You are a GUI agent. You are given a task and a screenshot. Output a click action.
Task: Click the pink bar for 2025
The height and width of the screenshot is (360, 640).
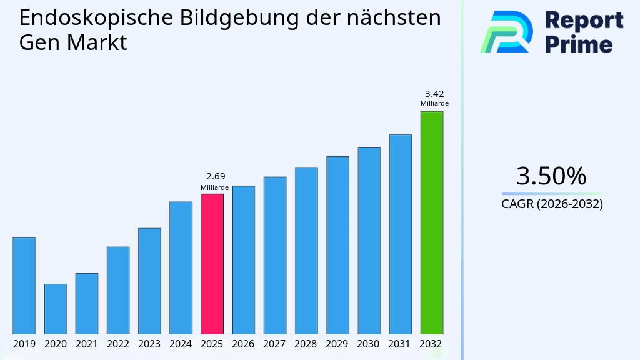coord(212,264)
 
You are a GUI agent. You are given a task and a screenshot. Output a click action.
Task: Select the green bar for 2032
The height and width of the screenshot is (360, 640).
coord(431,222)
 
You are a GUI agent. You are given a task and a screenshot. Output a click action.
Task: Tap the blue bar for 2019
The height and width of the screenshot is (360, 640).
coord(24,286)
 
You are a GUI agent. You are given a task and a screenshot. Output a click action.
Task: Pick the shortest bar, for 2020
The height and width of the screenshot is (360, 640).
coord(55,309)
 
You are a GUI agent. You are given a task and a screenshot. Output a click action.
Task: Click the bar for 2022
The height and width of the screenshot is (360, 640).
coord(118,290)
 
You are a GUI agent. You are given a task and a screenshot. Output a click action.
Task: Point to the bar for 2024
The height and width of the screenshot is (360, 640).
coord(181,267)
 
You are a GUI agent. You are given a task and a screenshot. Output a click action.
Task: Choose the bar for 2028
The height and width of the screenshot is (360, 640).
coord(306,251)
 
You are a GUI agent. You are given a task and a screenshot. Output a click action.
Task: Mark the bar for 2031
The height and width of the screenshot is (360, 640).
coord(400,234)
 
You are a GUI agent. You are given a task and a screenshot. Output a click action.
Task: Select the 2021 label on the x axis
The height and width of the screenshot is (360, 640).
coord(86,344)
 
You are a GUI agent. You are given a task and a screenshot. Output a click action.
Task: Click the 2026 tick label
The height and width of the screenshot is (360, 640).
coord(243,344)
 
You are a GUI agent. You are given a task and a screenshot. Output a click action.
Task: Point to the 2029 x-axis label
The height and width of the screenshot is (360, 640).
coord(337,344)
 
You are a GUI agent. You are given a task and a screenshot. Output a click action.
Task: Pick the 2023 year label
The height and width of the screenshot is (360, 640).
coord(149,344)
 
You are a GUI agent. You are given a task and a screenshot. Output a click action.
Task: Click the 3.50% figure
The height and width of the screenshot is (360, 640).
coord(551,176)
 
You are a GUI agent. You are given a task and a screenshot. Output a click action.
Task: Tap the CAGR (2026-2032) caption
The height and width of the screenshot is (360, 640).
coord(552,204)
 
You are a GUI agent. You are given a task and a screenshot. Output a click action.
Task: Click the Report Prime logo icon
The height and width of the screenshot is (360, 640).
coord(506,31)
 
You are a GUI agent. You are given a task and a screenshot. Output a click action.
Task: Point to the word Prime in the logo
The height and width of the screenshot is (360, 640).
coord(579,44)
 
